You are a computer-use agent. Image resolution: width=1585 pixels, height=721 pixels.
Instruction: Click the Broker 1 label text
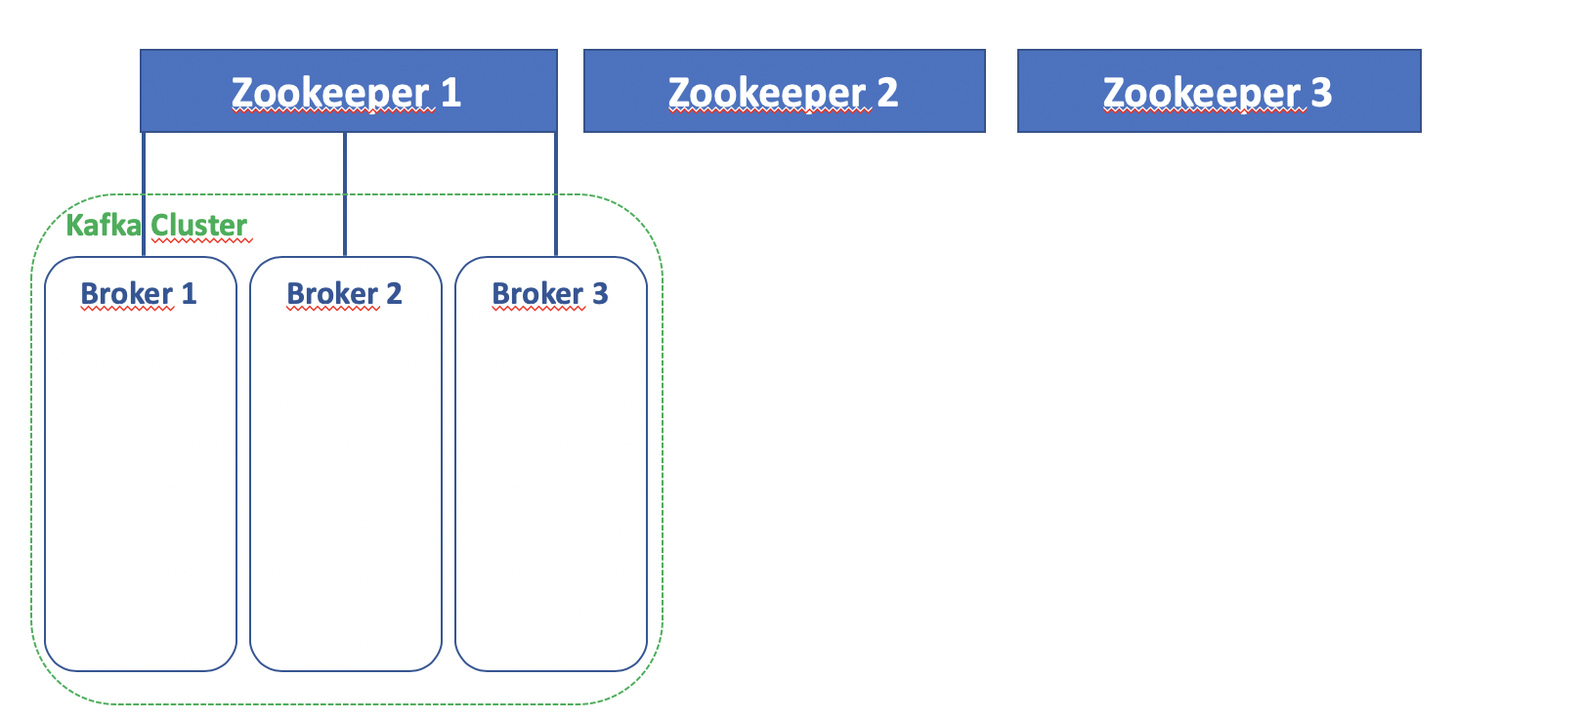(139, 294)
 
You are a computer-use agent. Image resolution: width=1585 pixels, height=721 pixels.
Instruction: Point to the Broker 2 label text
(344, 294)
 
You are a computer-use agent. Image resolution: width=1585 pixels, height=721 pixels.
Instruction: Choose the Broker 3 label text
(549, 294)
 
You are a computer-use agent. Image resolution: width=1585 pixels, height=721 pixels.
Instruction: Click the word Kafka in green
(103, 226)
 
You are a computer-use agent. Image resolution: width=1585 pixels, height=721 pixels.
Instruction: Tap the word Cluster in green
(198, 226)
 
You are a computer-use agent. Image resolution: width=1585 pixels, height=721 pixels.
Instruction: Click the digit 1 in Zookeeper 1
(450, 93)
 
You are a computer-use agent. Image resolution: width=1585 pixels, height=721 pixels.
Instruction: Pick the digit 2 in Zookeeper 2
(887, 93)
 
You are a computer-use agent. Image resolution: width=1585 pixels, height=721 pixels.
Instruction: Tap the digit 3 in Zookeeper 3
(1321, 93)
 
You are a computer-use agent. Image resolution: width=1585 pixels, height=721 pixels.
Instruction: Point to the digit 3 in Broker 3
(600, 294)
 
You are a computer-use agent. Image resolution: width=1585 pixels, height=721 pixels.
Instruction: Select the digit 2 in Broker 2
(394, 294)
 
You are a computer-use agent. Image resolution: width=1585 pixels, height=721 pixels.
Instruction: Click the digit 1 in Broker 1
(190, 294)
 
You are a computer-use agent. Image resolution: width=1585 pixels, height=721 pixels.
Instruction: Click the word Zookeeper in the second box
(768, 94)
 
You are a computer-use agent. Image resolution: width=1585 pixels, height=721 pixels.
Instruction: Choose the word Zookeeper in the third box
(1203, 94)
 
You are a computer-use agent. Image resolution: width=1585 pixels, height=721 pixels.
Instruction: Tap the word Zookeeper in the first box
(331, 94)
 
